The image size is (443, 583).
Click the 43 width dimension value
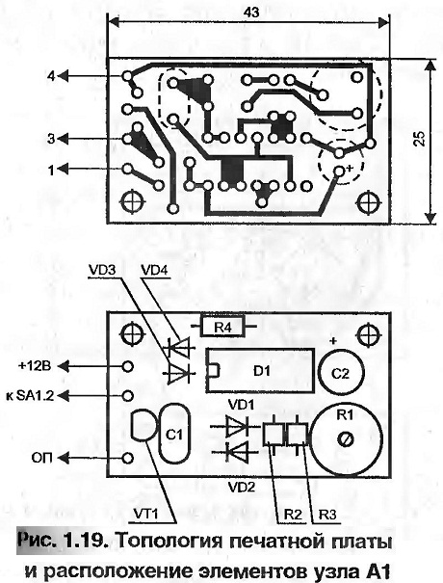251,13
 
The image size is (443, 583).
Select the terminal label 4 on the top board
51,76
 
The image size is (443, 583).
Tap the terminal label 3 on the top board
51,139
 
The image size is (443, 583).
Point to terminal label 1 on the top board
51,171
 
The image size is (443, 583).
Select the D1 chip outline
260,370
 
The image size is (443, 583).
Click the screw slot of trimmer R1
345,439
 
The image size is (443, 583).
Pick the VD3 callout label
102,270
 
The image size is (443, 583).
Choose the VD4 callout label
155,270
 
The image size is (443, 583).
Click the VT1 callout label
145,514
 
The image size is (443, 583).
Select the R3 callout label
327,515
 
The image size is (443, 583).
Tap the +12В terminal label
35,366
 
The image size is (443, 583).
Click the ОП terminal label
42,458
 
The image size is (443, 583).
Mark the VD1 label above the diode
241,405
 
